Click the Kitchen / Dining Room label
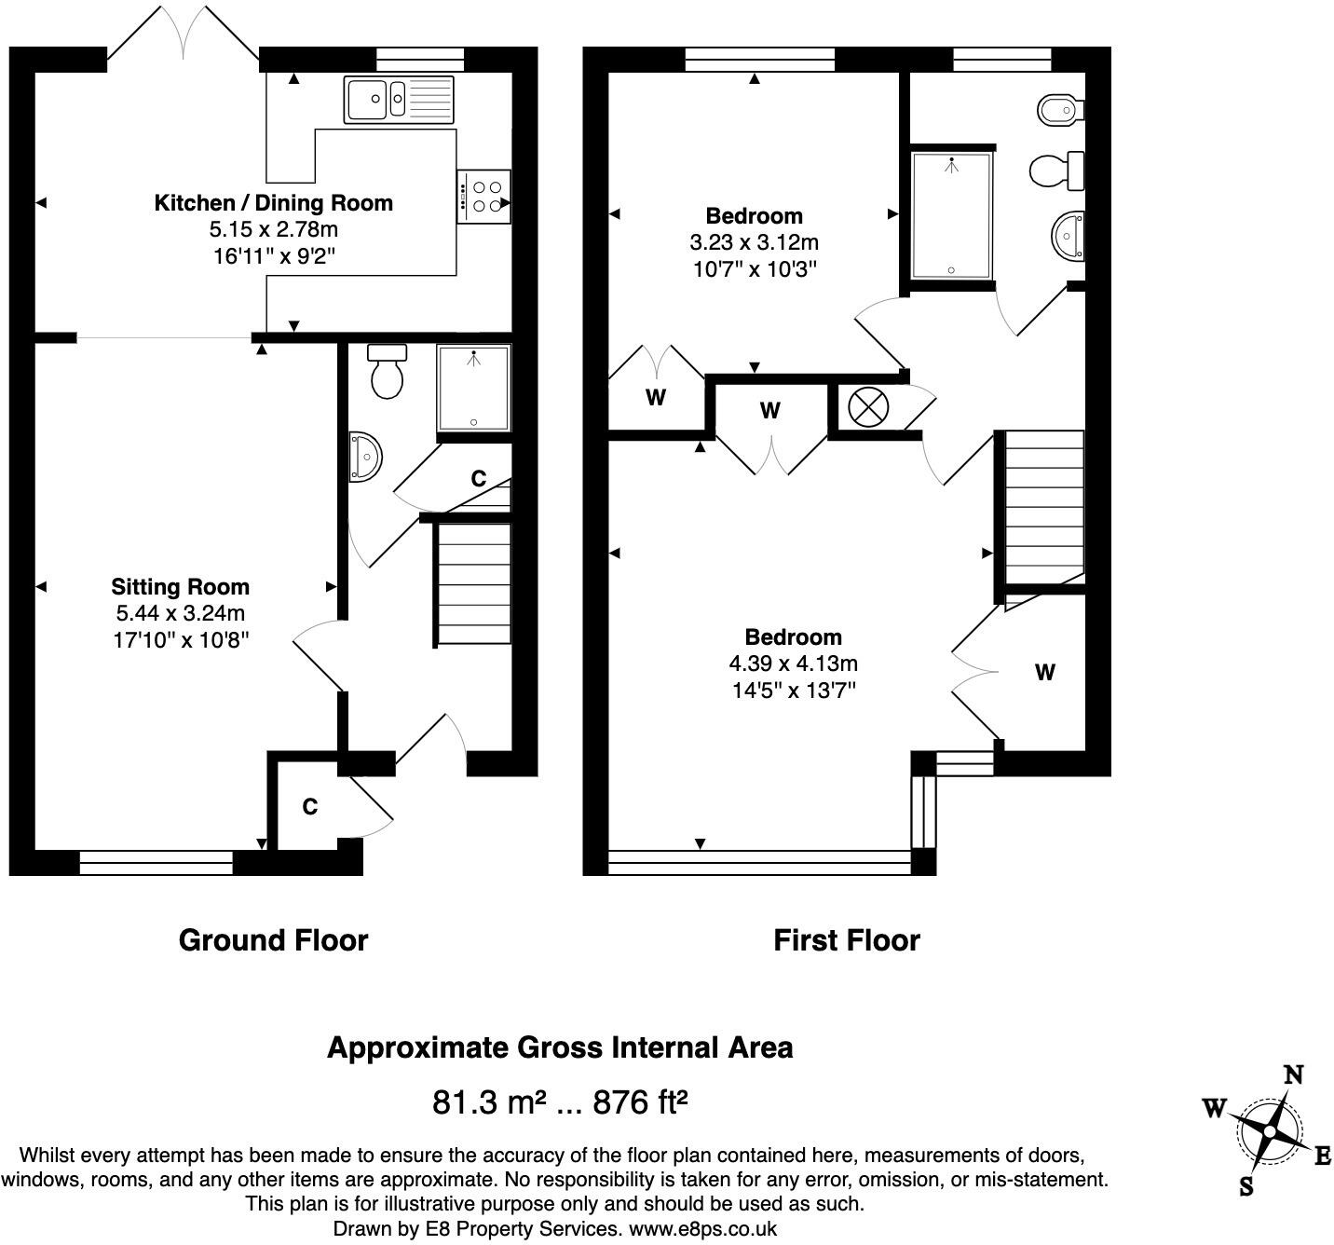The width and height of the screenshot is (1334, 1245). click(x=273, y=202)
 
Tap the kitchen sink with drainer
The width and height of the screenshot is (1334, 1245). click(x=399, y=99)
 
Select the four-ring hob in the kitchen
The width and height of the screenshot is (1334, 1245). click(x=484, y=197)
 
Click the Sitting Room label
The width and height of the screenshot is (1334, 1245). click(x=180, y=586)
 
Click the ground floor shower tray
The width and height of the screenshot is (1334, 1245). click(x=474, y=388)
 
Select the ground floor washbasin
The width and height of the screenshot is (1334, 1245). click(x=365, y=457)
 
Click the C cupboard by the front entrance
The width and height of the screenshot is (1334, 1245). click(x=309, y=806)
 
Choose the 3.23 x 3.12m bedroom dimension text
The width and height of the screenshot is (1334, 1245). click(x=754, y=242)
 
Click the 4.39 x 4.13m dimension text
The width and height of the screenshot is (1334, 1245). click(x=793, y=664)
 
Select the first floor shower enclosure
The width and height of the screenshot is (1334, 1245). click(x=951, y=214)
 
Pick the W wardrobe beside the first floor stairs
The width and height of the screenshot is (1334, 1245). click(x=1044, y=672)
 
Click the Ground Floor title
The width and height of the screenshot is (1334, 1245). click(x=273, y=939)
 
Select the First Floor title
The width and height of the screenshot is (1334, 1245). click(x=846, y=939)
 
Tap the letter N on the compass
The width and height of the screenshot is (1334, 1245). click(x=1293, y=1074)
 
